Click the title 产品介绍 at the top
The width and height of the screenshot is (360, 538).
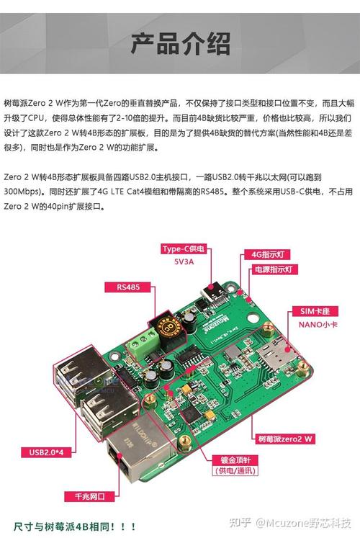(x=180, y=44)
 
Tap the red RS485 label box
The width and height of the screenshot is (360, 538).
(x=132, y=287)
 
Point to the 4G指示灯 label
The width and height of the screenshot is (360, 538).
(x=269, y=254)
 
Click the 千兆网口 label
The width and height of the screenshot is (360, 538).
(x=85, y=496)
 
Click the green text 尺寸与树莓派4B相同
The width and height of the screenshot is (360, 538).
(x=76, y=524)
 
